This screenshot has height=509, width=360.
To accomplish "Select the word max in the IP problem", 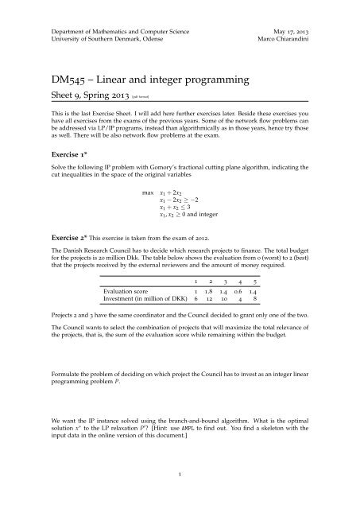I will (148, 193).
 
